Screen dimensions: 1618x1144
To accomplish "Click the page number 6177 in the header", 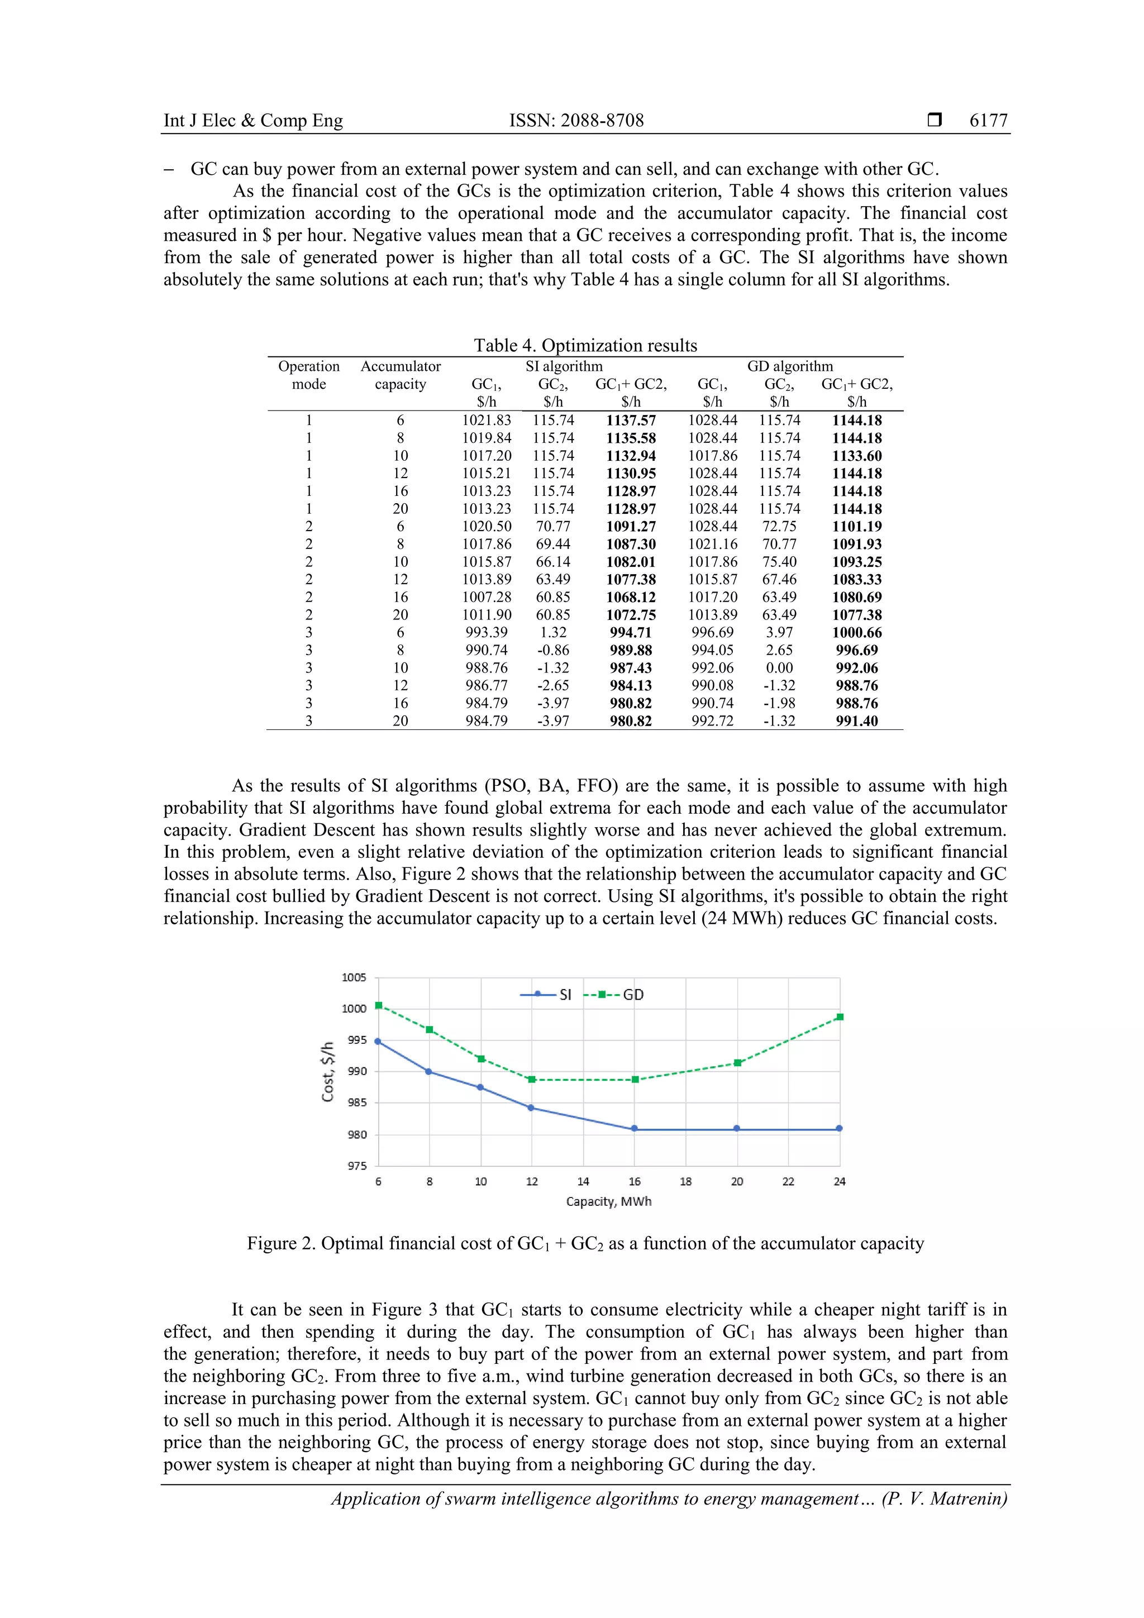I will (x=988, y=121).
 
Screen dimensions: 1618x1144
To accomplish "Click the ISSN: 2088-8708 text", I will (x=576, y=121).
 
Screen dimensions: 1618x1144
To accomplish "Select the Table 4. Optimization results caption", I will (x=585, y=345).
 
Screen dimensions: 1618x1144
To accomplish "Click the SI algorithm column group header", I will (x=564, y=366).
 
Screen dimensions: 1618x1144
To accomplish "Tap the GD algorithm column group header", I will (x=789, y=366).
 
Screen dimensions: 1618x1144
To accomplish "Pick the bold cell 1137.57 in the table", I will (x=630, y=421).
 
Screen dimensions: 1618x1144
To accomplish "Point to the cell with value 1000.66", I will (x=856, y=633).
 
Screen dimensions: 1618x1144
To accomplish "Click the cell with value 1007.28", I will (x=487, y=598).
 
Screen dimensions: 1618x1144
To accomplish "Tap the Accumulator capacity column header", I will (x=401, y=375).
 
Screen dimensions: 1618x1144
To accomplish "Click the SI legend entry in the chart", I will (x=546, y=994).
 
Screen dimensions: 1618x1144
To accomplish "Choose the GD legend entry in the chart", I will (x=613, y=994).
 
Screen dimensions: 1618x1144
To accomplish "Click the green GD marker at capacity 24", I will (x=840, y=1017).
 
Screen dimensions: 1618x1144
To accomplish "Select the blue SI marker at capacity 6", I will (x=378, y=1041).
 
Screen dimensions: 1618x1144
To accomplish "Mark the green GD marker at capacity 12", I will (x=531, y=1080).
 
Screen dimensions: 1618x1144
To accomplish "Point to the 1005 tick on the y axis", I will (x=354, y=977).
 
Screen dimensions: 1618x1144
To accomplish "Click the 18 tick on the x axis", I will (x=685, y=1182).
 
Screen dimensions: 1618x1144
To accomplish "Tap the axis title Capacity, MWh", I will (x=608, y=1201).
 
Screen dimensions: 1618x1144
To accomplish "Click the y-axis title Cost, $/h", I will (x=328, y=1072).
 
